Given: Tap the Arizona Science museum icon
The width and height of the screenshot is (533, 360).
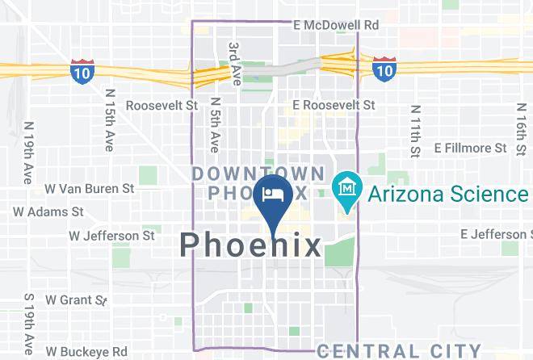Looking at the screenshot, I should pos(346,190).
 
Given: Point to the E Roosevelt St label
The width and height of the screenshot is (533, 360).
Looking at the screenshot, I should pos(334,105).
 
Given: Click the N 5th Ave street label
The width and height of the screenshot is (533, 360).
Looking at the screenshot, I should pos(215,125).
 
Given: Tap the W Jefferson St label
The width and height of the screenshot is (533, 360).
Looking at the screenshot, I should pos(111,236).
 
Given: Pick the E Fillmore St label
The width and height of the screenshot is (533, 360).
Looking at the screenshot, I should pos(470,148).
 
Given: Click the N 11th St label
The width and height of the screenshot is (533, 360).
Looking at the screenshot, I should pos(415,131).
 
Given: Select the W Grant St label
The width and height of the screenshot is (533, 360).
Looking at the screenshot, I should pos(76,299).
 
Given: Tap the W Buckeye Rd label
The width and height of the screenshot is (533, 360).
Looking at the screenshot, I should pos(86,352).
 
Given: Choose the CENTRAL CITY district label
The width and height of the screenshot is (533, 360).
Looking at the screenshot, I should pos(399,350).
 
